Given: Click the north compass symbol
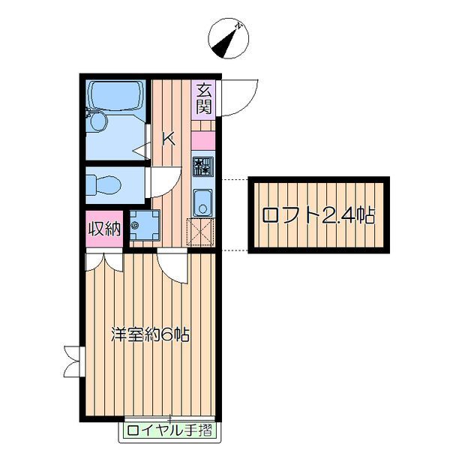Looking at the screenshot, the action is point(229,39).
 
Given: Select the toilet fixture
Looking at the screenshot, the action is point(103,184).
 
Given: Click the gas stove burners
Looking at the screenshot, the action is point(203,166).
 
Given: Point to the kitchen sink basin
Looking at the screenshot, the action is point(203,202).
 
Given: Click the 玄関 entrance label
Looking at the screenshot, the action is point(205,98).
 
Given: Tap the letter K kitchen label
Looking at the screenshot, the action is point(169,139).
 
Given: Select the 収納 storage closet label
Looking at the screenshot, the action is point(104,229).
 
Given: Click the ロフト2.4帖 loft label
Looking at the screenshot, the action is point(318,215).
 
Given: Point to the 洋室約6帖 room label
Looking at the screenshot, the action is point(151,334).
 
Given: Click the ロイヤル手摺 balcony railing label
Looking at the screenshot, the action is point(170,430).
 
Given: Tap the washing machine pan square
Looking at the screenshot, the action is point(145,225).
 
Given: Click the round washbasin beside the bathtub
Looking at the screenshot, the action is point(98,121).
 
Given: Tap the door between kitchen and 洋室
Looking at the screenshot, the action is point(172,265).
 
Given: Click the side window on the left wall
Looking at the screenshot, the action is point(74,361).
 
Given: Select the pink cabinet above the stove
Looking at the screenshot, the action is point(203,140).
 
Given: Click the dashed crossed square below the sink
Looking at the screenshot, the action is point(200,232).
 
